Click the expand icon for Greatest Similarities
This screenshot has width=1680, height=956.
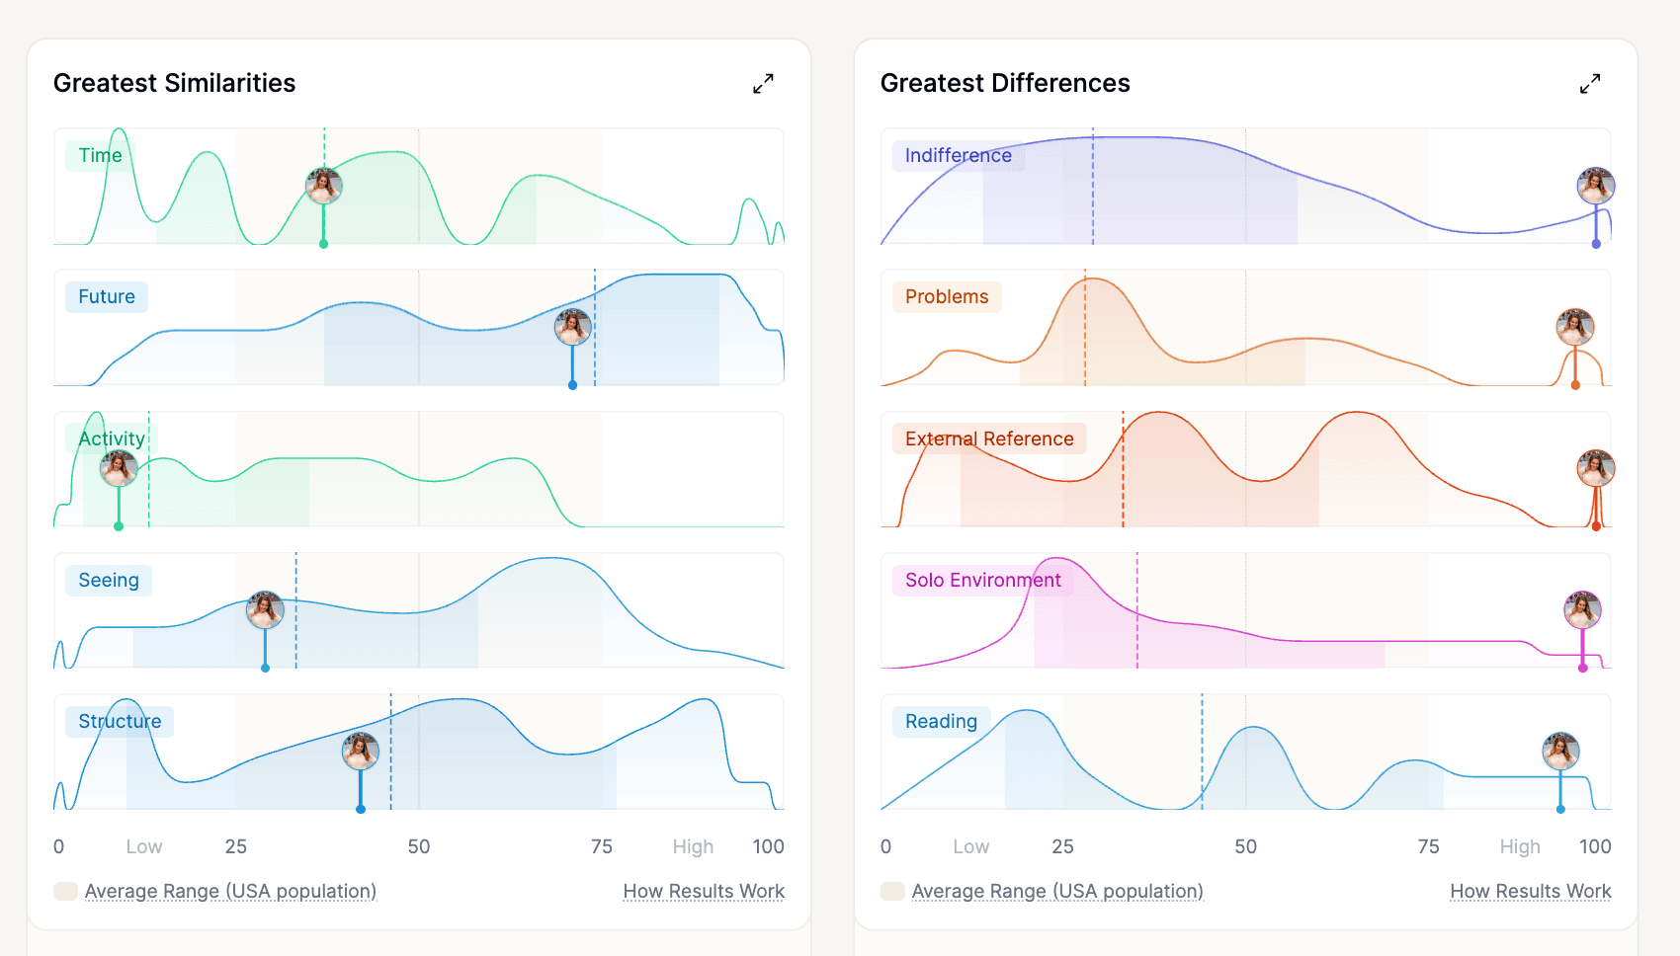[763, 84]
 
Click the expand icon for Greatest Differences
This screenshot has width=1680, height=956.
[1590, 84]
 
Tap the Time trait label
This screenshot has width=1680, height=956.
[100, 156]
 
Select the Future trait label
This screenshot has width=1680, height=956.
[107, 297]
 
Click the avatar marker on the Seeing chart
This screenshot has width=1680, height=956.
[265, 610]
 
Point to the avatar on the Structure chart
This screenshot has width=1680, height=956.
[361, 752]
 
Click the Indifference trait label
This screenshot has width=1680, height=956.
[958, 156]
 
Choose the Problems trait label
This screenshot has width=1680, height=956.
[946, 297]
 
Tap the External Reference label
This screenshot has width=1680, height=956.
[988, 438]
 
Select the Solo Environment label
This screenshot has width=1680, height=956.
[982, 580]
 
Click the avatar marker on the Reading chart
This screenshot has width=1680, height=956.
[1560, 752]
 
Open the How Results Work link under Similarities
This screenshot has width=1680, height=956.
[704, 891]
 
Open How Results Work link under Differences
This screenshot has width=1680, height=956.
[1530, 891]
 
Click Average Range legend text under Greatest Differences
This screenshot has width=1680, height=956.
[1056, 891]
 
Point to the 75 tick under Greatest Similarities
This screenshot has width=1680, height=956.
[601, 846]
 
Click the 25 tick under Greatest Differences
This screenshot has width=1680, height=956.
[1062, 846]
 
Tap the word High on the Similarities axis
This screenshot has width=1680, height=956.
[693, 846]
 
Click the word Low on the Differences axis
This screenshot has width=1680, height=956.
[970, 846]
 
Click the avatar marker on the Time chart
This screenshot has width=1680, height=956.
[323, 186]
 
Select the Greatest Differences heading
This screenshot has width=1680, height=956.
[1005, 83]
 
